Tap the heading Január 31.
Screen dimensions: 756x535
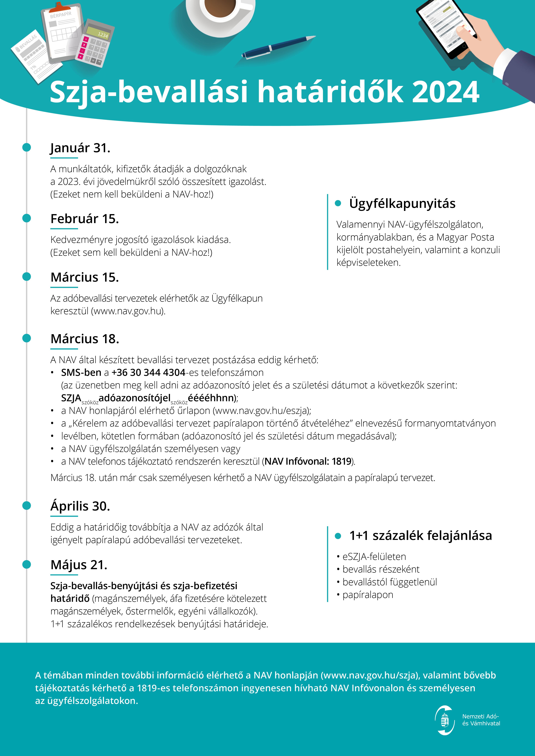tap(80, 148)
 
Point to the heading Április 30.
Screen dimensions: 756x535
tap(80, 506)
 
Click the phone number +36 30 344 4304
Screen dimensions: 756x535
tap(148, 372)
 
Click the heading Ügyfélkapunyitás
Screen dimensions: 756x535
tap(402, 203)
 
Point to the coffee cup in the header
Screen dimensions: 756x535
tap(220, 12)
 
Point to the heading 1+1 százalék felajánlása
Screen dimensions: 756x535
tap(420, 536)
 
